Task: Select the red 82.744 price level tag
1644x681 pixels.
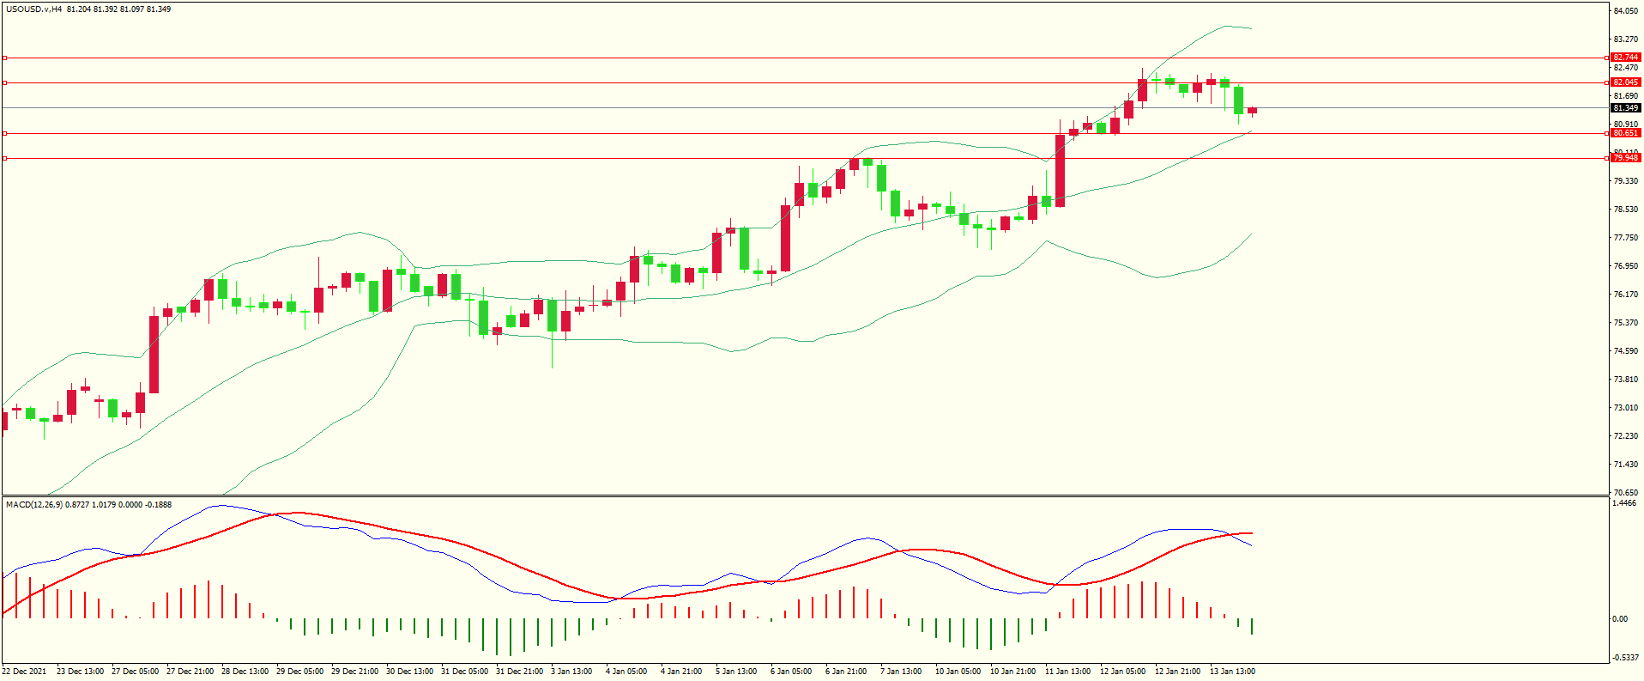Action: point(1625,58)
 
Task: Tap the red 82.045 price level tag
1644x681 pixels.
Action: point(1625,82)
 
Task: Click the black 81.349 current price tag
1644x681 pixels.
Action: point(1625,108)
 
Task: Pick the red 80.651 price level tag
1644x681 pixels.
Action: point(1625,133)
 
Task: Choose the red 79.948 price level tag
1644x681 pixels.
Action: point(1625,158)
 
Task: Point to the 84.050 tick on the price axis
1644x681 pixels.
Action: point(1625,11)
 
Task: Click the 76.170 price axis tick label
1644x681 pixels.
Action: point(1625,295)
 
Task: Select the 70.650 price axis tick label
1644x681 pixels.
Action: point(1625,493)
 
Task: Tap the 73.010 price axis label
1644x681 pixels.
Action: point(1625,408)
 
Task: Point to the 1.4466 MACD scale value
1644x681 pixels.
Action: point(1625,504)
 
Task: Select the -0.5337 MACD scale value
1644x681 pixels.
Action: point(1625,658)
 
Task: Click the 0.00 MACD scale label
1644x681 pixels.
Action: point(1619,619)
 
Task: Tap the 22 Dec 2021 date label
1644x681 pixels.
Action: point(24,672)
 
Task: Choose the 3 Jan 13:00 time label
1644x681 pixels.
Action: point(571,672)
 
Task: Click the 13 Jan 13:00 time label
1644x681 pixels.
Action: point(1232,672)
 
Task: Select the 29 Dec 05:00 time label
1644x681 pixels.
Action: point(299,672)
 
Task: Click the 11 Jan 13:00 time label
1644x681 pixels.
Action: point(1067,672)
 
